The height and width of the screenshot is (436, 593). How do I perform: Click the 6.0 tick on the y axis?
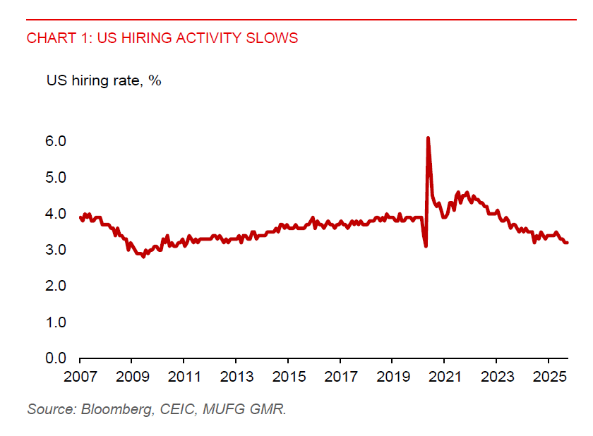[56, 141]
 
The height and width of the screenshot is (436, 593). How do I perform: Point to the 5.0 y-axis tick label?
[56, 177]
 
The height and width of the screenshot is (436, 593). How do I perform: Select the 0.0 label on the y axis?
[56, 358]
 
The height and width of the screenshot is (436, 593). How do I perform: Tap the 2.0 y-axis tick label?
[56, 286]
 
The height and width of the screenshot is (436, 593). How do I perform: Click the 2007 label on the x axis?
[80, 377]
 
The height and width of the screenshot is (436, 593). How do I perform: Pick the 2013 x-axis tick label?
[236, 377]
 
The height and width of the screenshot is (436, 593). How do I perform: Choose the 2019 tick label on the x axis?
[393, 377]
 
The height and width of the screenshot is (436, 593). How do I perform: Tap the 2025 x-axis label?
[549, 377]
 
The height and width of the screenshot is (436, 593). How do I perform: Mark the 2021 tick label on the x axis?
[445, 377]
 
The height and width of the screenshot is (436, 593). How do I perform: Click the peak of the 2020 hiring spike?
[428, 138]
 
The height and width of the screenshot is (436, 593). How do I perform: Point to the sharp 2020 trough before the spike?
[426, 246]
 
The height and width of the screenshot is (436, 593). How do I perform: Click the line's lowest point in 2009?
[143, 256]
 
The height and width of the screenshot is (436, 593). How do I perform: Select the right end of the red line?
[568, 243]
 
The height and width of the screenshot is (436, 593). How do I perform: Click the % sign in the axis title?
[155, 80]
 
